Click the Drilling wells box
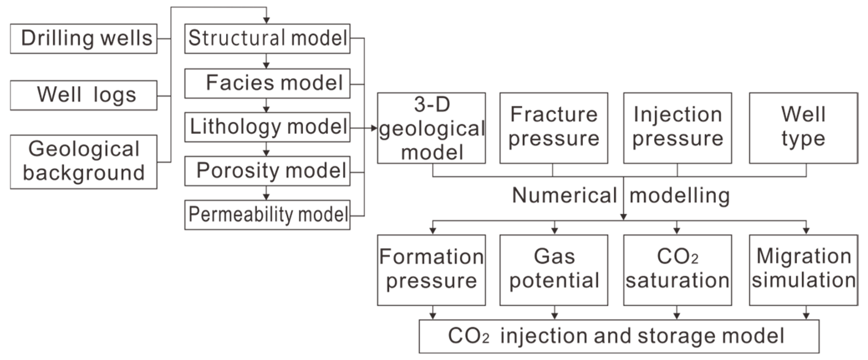(x=84, y=39)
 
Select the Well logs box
(x=84, y=95)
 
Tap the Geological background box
(x=84, y=162)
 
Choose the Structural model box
(x=267, y=39)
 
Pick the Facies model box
(x=267, y=83)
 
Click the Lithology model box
(x=267, y=127)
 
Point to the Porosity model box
(x=267, y=171)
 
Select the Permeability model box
(x=267, y=215)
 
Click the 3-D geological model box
(x=431, y=128)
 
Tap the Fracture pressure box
(x=554, y=128)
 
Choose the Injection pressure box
(x=677, y=128)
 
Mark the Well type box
(x=803, y=128)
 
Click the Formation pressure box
(x=431, y=270)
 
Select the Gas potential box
(x=554, y=270)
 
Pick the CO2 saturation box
(x=677, y=270)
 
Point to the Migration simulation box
(x=803, y=270)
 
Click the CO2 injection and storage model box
(x=619, y=336)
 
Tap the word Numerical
(x=564, y=195)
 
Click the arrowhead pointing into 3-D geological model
(x=374, y=128)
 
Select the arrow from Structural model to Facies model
(x=266, y=61)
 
